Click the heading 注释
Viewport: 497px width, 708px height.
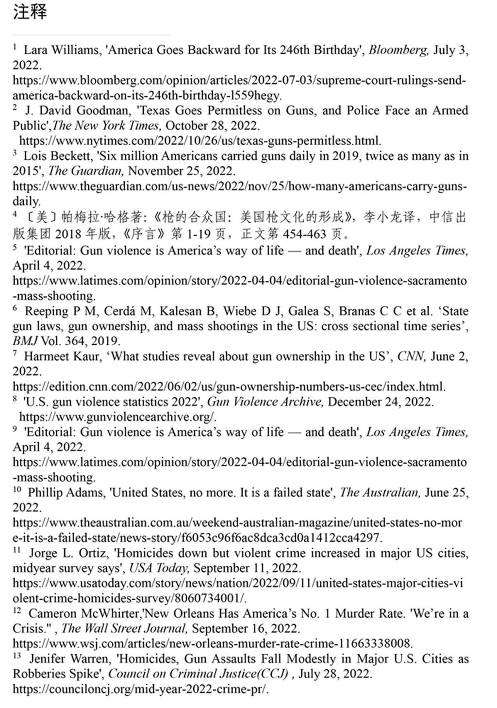click(x=30, y=12)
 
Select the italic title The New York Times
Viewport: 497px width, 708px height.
click(x=106, y=126)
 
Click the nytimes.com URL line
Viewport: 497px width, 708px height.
click(x=200, y=141)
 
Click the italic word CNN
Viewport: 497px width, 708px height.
click(x=411, y=356)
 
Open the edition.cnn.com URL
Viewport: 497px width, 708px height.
click(x=229, y=387)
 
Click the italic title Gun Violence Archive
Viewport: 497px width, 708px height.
click(x=265, y=402)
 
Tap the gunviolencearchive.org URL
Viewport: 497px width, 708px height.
click(x=118, y=417)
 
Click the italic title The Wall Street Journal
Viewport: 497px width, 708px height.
click(x=124, y=628)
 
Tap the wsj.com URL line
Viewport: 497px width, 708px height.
click(x=213, y=643)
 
